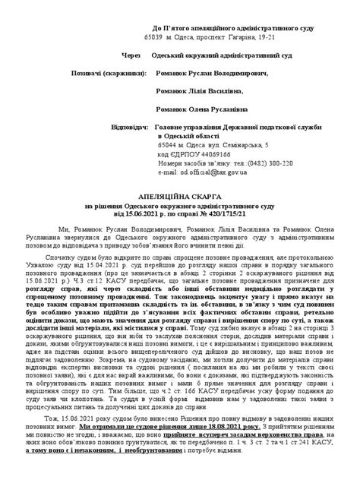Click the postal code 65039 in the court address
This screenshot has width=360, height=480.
[x=154, y=36]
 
